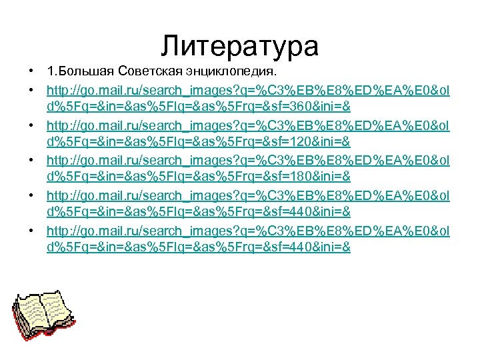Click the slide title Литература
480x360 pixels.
(x=240, y=47)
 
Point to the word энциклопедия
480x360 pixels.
(x=233, y=71)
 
